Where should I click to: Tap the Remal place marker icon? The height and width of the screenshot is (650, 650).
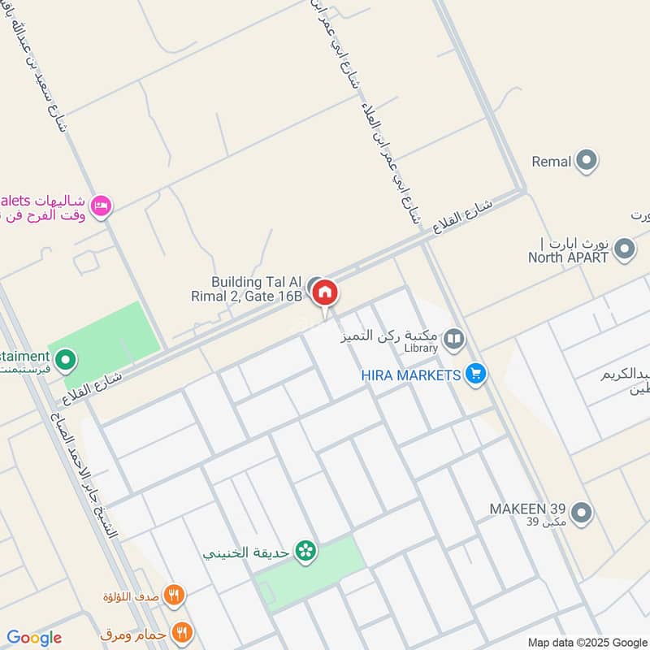587,162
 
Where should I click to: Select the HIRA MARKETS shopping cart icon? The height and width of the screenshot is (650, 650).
476,375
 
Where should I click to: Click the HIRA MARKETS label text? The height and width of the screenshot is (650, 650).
412,375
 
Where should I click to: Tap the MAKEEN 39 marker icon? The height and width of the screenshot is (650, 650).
581,513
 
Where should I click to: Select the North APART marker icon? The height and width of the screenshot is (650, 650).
624,249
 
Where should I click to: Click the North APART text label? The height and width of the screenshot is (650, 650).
569,258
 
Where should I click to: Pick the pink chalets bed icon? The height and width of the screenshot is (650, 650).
102,206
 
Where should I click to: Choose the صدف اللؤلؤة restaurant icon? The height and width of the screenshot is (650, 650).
173,596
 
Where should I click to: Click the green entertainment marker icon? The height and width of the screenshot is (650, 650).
65,358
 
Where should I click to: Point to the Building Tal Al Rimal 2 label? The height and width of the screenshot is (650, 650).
257,288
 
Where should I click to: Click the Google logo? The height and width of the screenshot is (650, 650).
34,638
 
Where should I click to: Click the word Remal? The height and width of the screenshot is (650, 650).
552,162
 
